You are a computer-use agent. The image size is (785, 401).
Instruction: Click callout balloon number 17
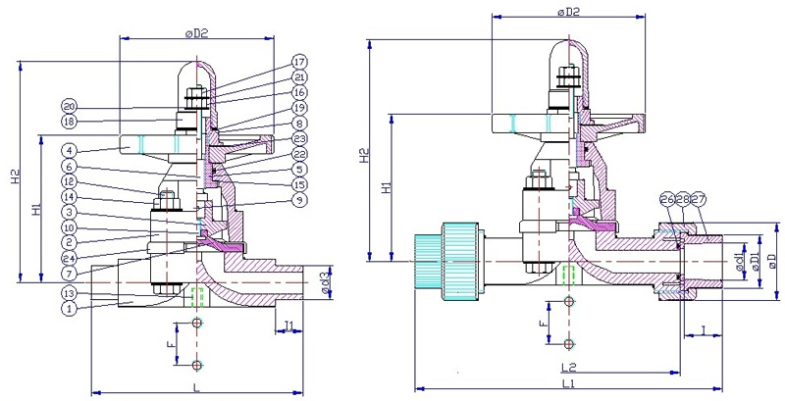298,62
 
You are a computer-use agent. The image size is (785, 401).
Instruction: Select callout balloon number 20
69,106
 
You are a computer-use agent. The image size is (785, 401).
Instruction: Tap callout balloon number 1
69,309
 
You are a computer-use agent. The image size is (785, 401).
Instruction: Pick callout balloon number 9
298,201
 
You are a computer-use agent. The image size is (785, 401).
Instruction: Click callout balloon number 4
69,150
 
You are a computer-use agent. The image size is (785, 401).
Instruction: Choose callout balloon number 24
69,257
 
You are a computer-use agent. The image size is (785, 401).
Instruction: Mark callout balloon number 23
298,138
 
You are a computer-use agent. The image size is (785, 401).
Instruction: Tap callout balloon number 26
668,200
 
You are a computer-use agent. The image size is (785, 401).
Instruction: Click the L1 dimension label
568,382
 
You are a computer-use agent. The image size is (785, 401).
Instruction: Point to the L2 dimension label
568,366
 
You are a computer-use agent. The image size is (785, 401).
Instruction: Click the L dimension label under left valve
196,388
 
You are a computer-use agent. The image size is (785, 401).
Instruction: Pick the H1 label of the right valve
386,186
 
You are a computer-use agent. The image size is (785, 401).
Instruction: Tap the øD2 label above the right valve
568,12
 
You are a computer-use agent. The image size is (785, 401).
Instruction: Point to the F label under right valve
543,321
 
